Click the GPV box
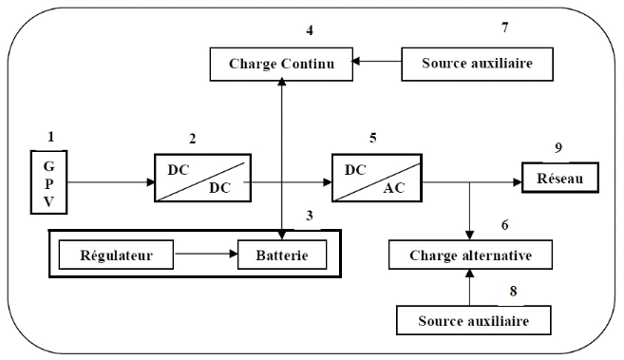[x=50, y=180]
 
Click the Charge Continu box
[x=282, y=65]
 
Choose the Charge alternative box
[x=472, y=255]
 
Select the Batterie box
[x=282, y=255]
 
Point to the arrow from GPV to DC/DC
[x=110, y=180]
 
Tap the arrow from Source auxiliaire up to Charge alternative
[x=472, y=288]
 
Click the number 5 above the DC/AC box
[x=372, y=138]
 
